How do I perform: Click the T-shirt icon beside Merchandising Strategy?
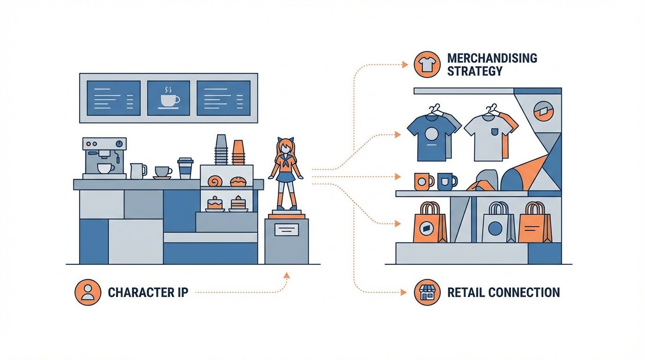(427, 65)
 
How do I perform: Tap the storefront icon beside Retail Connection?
(427, 292)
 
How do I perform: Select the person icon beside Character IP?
(88, 292)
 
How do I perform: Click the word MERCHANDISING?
(492, 58)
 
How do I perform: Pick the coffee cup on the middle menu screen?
(170, 99)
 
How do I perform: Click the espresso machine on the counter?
(105, 158)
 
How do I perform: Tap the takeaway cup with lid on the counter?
(185, 168)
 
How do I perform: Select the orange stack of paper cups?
(239, 152)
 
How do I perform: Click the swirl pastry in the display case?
(215, 181)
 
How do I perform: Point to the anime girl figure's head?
(285, 147)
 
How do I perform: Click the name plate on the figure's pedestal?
(286, 230)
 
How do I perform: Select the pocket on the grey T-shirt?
(495, 132)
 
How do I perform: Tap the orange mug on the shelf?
(424, 181)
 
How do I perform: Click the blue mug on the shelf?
(447, 181)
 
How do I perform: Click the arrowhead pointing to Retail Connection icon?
(403, 292)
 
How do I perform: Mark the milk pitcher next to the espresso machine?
(138, 171)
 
